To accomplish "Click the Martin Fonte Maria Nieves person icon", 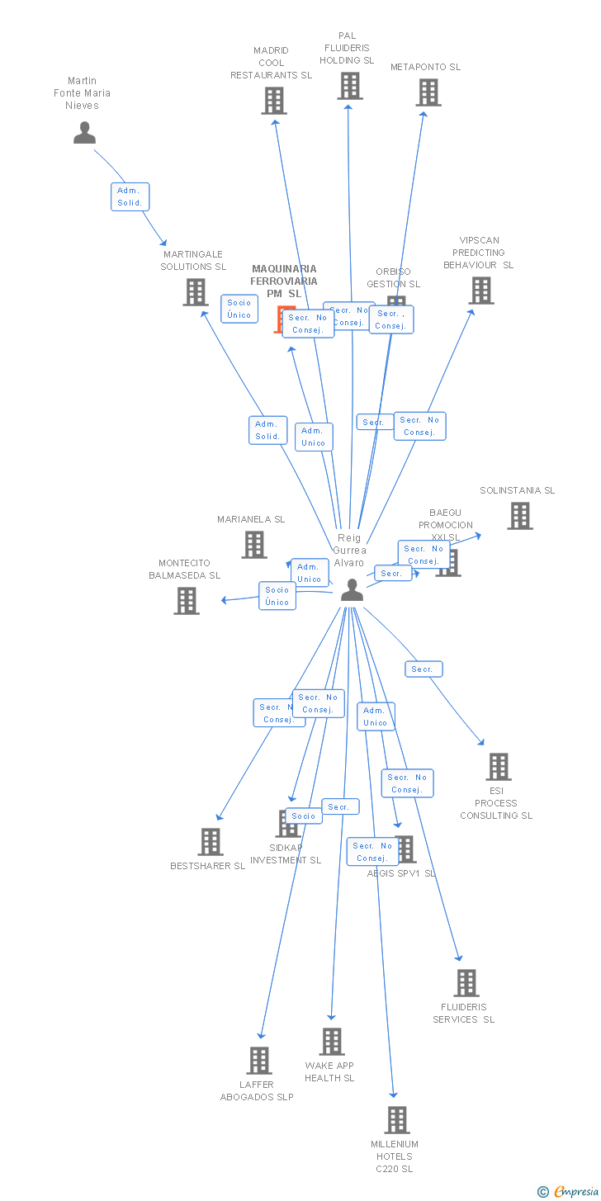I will point(84,132).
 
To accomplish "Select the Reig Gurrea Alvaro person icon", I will point(352,589).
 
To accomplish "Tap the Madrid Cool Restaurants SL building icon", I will point(273,101).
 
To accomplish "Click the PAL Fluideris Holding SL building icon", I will point(349,85).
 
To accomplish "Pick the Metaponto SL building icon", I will point(428,92).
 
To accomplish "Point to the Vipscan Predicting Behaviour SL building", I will point(480,291).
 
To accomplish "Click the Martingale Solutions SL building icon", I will point(195,292).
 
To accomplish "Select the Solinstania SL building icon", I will point(519,516).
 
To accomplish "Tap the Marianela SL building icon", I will point(253,545).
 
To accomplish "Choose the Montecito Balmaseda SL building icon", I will point(187,601).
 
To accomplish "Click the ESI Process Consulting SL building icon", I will point(498,767).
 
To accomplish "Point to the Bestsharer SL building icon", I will point(211,842).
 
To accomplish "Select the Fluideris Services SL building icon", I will point(466,983).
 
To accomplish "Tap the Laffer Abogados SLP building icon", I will point(259,1061).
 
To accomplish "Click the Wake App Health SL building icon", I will point(332,1042).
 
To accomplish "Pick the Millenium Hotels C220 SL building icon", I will point(396,1120).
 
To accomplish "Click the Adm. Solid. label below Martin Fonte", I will point(130,196).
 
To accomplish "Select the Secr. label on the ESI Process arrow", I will point(424,669).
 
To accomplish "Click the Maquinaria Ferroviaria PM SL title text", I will point(284,281).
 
